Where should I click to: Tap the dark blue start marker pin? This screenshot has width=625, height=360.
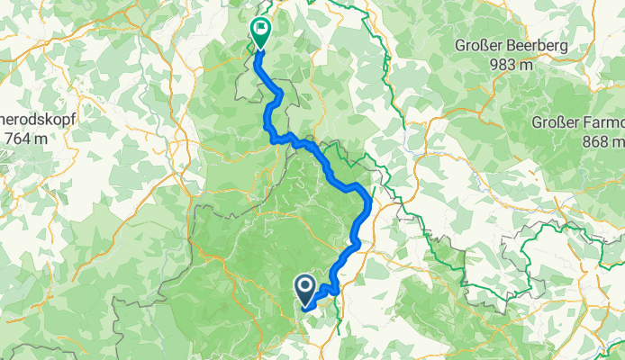tap(304, 288)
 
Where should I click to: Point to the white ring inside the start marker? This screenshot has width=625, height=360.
tap(304, 287)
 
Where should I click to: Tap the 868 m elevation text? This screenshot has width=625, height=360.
tap(602, 141)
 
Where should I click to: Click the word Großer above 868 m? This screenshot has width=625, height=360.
tap(555, 122)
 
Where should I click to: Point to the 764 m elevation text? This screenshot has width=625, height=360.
tap(30, 138)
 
